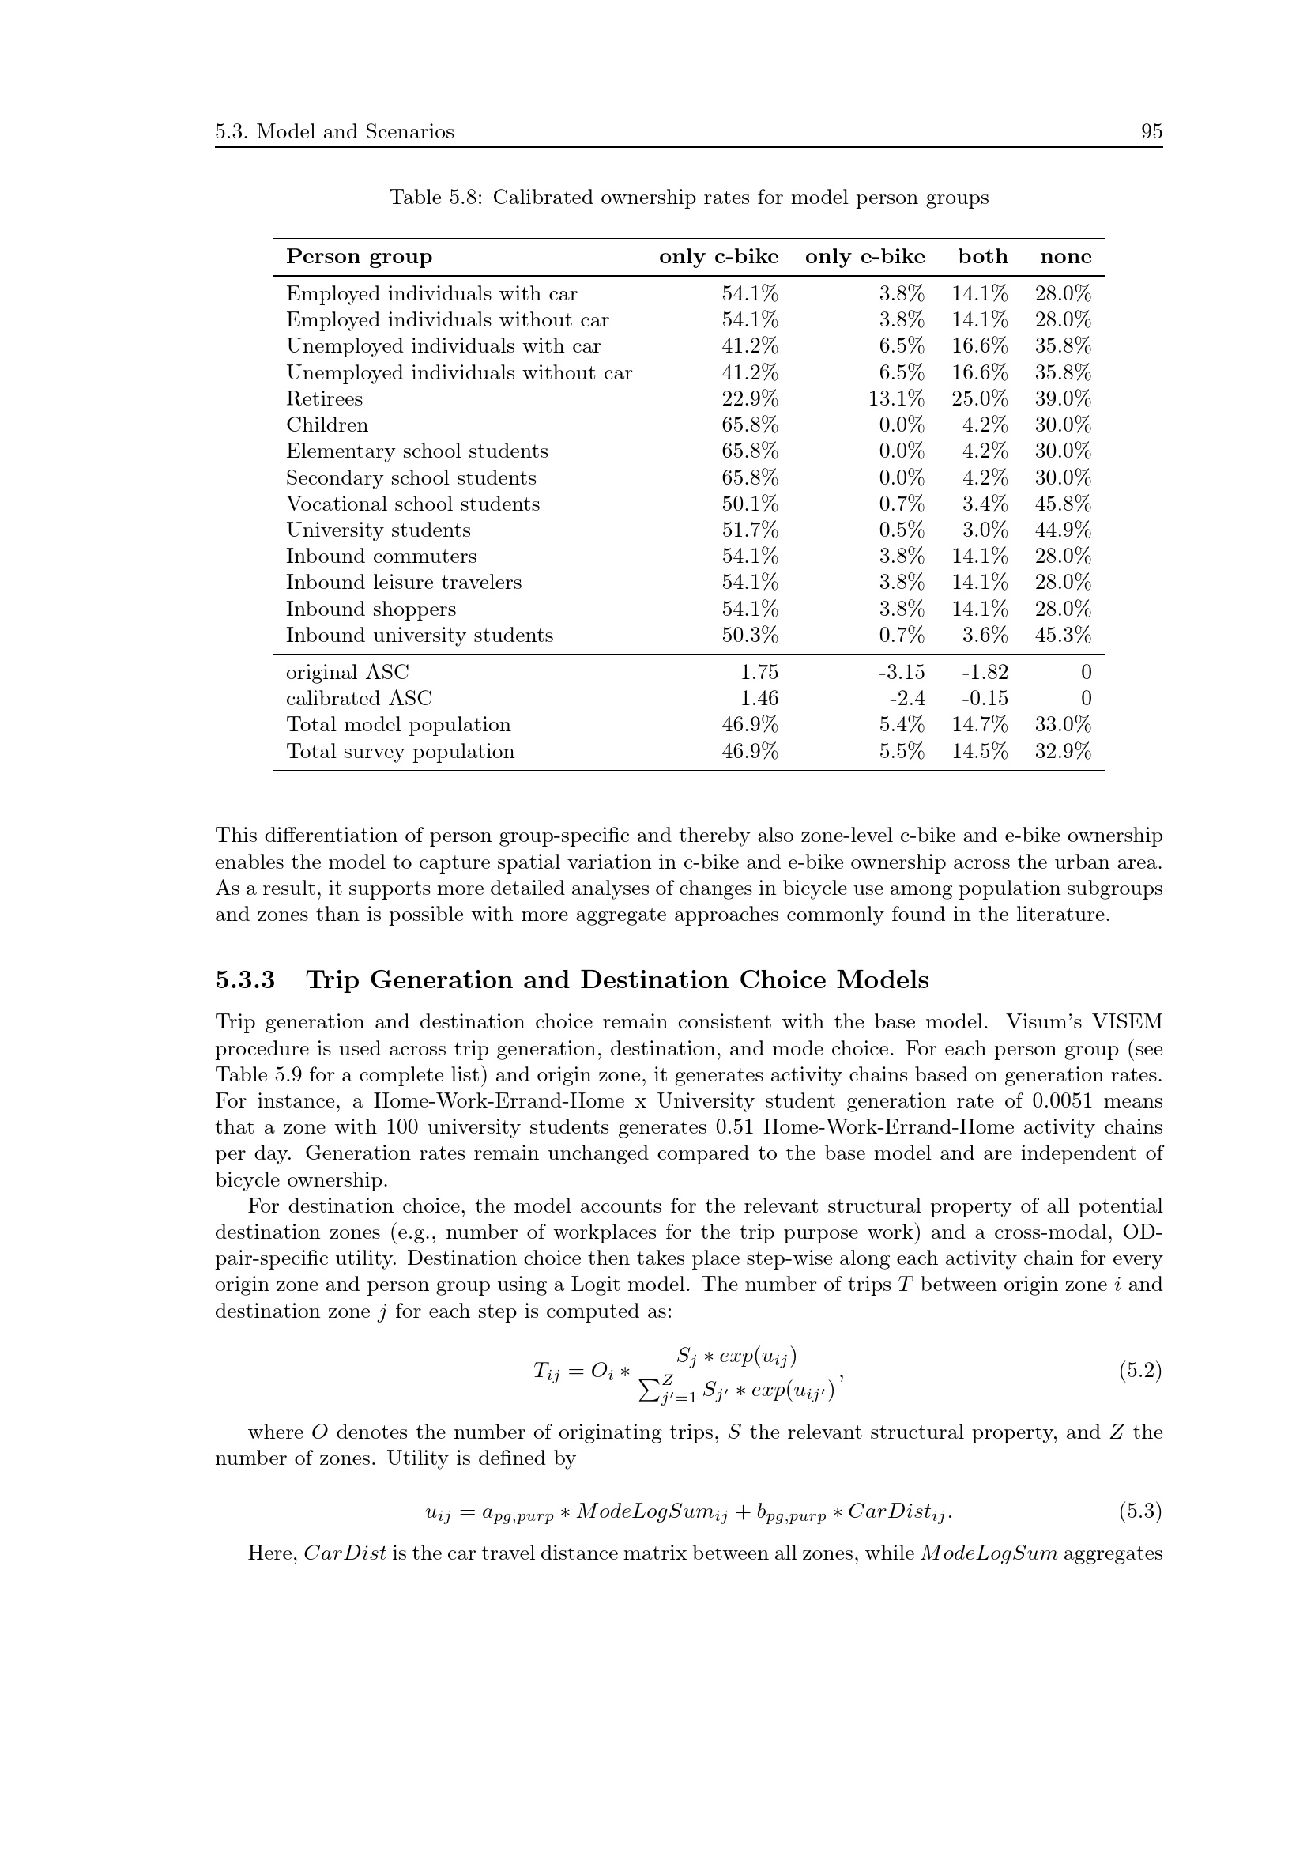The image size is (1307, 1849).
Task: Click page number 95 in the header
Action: (x=1151, y=132)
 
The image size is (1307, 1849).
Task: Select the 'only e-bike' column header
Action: (x=864, y=257)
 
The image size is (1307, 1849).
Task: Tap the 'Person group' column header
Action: (x=359, y=257)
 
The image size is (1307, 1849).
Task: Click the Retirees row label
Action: (x=324, y=399)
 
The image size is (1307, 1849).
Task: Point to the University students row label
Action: (x=379, y=530)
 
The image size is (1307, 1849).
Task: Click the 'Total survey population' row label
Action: (x=400, y=752)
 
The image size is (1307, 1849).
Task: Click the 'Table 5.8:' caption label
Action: (x=435, y=198)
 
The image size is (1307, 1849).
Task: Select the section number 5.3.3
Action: (x=245, y=981)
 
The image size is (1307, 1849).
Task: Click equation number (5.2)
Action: (x=1139, y=1372)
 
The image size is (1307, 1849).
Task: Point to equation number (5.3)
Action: (x=1139, y=1512)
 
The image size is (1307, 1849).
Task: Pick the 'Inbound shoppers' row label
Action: (x=371, y=609)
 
